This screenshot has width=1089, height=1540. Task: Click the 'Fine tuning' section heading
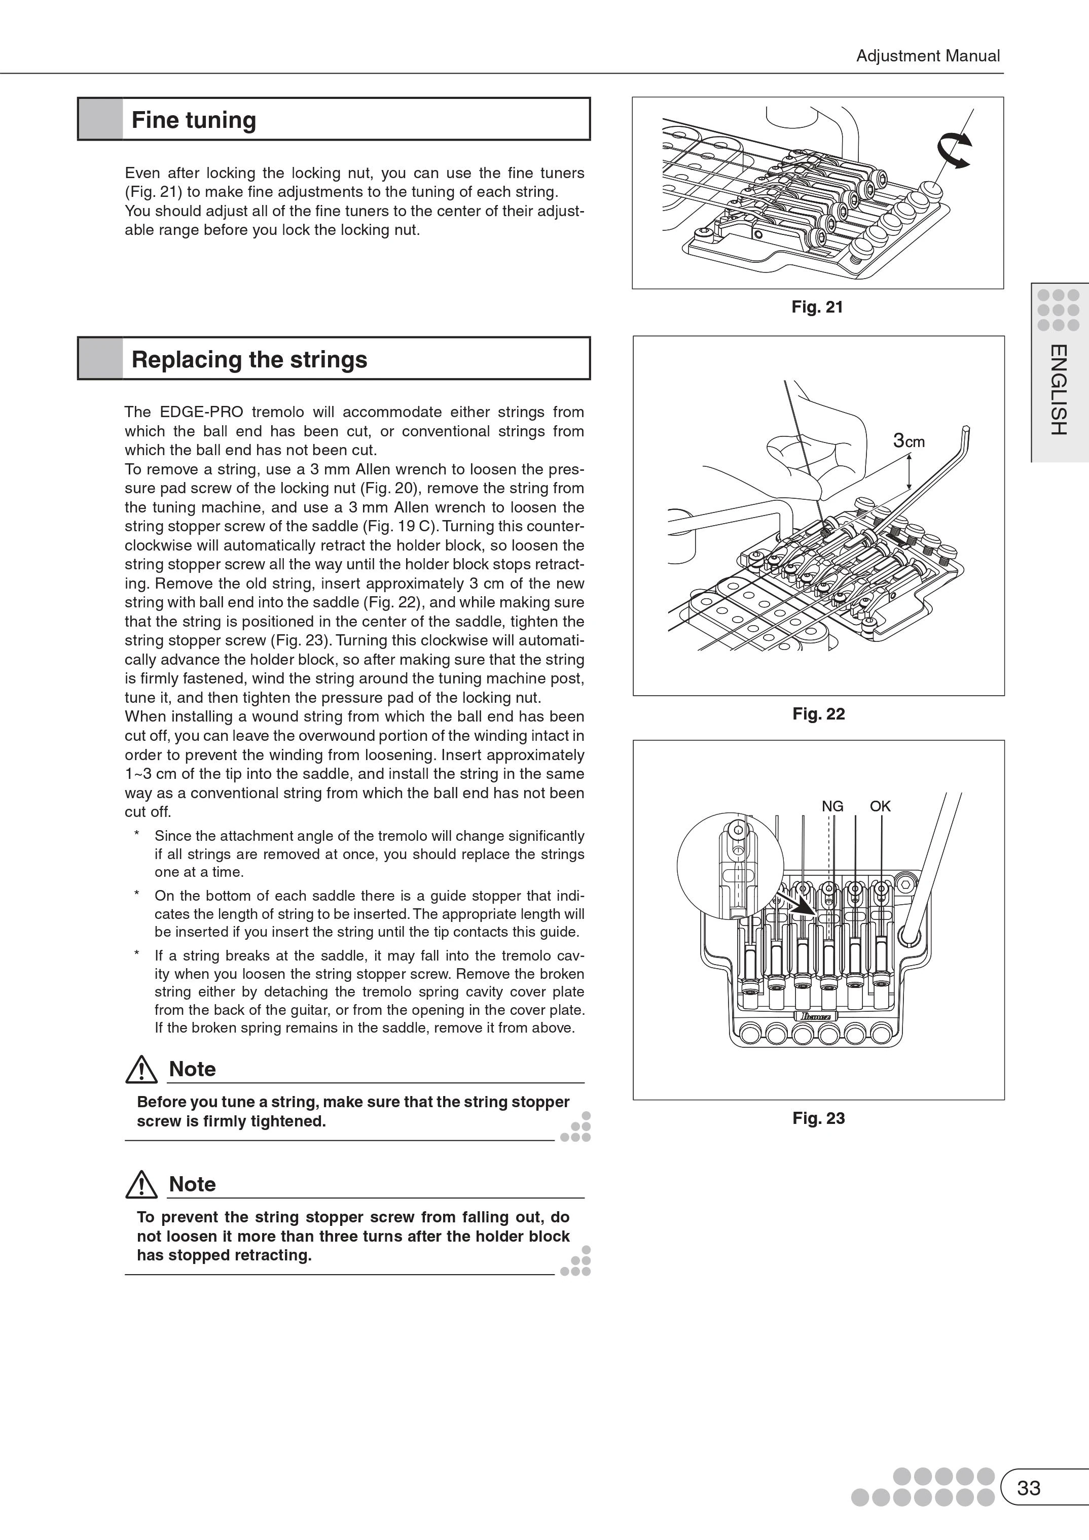(x=194, y=120)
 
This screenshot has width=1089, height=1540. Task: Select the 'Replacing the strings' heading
(x=249, y=360)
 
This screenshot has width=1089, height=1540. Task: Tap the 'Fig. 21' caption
(x=817, y=307)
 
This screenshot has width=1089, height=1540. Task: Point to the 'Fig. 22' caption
(x=818, y=714)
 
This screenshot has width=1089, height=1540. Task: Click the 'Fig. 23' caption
(x=818, y=1118)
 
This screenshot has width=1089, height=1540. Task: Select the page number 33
(x=1029, y=1488)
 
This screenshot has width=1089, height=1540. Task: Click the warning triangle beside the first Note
(x=141, y=1070)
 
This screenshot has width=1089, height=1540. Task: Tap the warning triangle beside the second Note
(x=141, y=1186)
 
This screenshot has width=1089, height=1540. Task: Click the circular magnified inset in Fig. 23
(x=730, y=866)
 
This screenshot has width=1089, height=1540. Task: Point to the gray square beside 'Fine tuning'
(x=100, y=119)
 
